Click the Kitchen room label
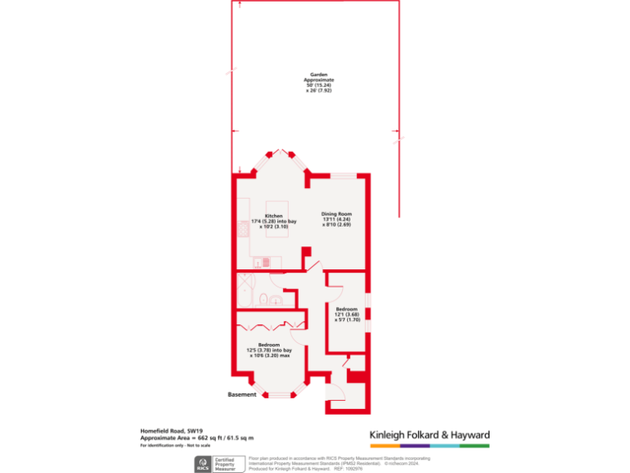tap(273, 217)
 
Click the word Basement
tap(242, 395)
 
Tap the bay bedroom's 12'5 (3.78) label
tap(269, 345)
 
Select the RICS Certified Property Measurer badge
tap(217, 464)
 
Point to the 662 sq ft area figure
tap(211, 439)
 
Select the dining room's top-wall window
tap(343, 174)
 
